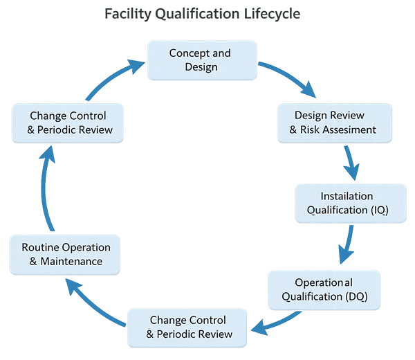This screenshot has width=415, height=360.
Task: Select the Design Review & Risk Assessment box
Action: [x=335, y=122]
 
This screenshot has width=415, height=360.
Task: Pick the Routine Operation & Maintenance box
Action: [x=66, y=254]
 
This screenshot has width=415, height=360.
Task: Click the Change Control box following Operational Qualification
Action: [x=189, y=327]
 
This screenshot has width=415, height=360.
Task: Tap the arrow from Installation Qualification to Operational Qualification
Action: [x=346, y=246]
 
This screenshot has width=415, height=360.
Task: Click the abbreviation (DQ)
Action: [x=354, y=296]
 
